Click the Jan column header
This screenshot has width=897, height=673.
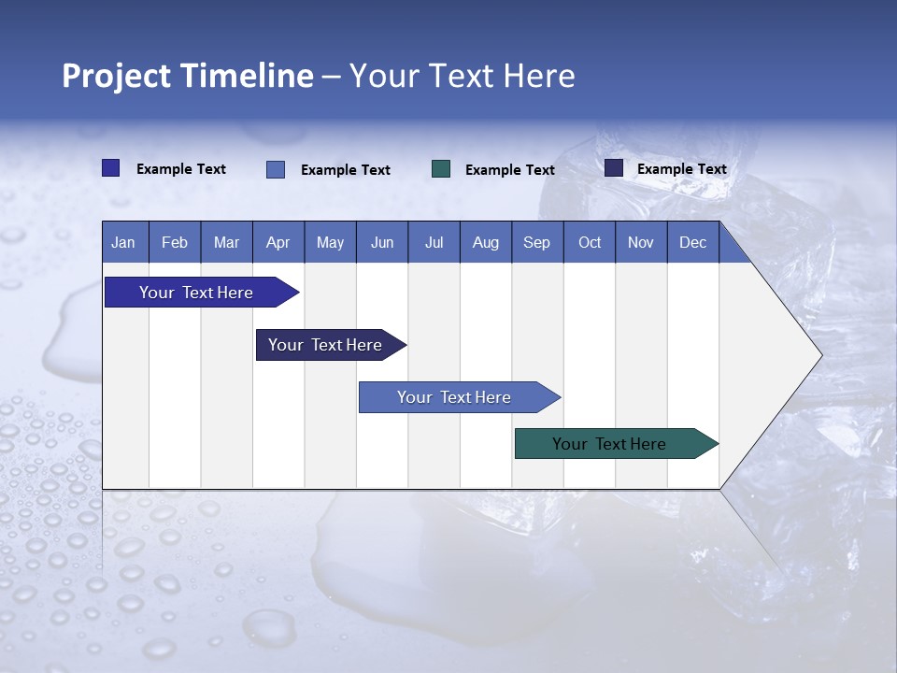(x=123, y=242)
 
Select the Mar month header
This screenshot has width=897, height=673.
(x=226, y=242)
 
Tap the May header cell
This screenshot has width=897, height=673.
(x=330, y=242)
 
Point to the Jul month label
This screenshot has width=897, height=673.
(x=434, y=242)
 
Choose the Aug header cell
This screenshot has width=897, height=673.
(x=485, y=242)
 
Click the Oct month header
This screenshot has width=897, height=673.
(x=590, y=242)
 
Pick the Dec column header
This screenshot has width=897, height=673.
(x=692, y=242)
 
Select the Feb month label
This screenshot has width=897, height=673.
(x=175, y=242)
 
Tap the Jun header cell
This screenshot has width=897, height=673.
(x=382, y=242)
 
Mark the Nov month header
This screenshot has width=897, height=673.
(x=640, y=242)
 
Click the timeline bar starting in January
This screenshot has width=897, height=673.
(x=196, y=293)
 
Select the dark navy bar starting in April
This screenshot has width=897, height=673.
(x=325, y=345)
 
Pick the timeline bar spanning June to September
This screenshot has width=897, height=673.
(x=454, y=397)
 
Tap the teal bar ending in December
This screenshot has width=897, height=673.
(x=609, y=444)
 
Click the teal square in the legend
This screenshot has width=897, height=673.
(x=441, y=169)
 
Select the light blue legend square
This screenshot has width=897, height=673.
(x=276, y=169)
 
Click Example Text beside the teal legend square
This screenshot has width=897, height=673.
(x=509, y=170)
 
